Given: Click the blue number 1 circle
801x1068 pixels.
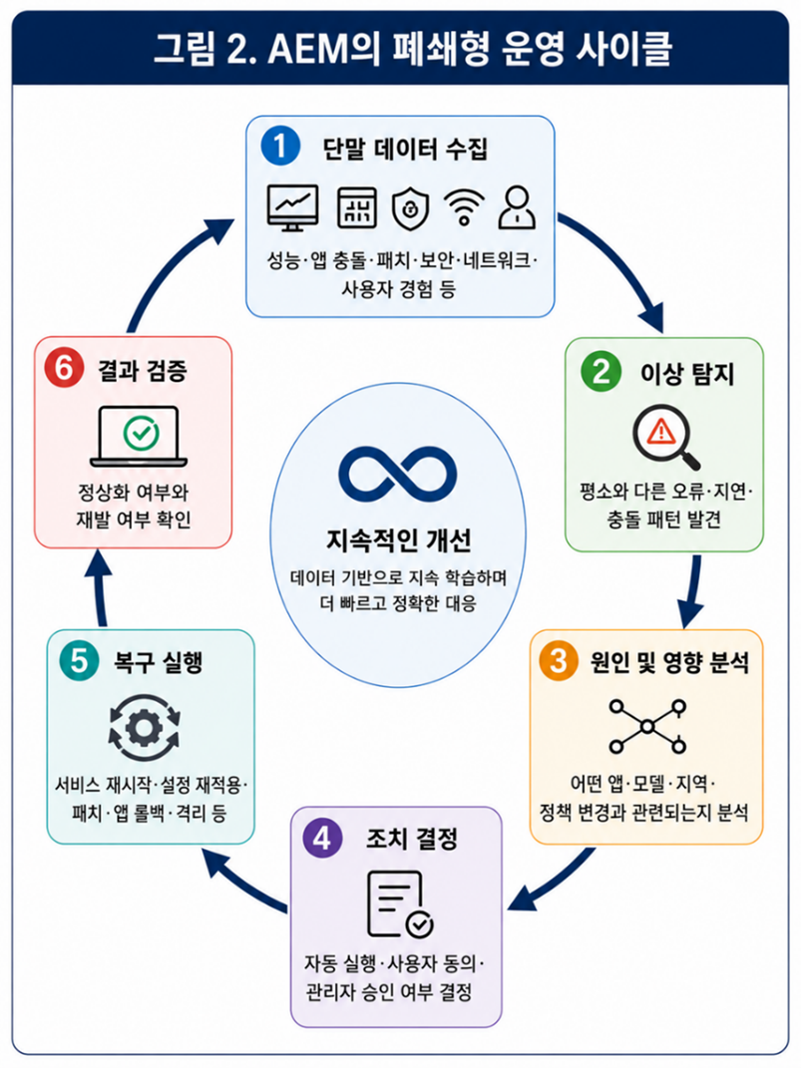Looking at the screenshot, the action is (280, 147).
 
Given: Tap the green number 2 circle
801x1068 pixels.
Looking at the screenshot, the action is (601, 372).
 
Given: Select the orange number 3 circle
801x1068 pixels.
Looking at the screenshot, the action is (559, 661).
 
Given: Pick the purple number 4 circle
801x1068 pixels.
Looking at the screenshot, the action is (322, 838).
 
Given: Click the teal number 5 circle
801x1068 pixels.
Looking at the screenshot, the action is (79, 661).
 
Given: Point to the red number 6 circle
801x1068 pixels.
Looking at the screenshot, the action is (64, 369).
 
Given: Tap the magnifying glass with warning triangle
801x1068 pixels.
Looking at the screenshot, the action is (665, 437).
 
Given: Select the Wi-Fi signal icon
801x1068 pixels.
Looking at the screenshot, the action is (464, 207).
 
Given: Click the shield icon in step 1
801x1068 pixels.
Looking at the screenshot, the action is (411, 208).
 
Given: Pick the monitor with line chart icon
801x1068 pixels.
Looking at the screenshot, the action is (292, 207).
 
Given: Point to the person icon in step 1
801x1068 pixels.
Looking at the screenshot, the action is (517, 207).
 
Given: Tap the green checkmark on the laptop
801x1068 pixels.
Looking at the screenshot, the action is (142, 433).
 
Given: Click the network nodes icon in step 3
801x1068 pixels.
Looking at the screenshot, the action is (647, 726).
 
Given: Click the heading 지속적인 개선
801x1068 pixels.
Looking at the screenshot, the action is (398, 540).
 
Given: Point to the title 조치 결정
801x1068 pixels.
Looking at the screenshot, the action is (411, 839).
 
